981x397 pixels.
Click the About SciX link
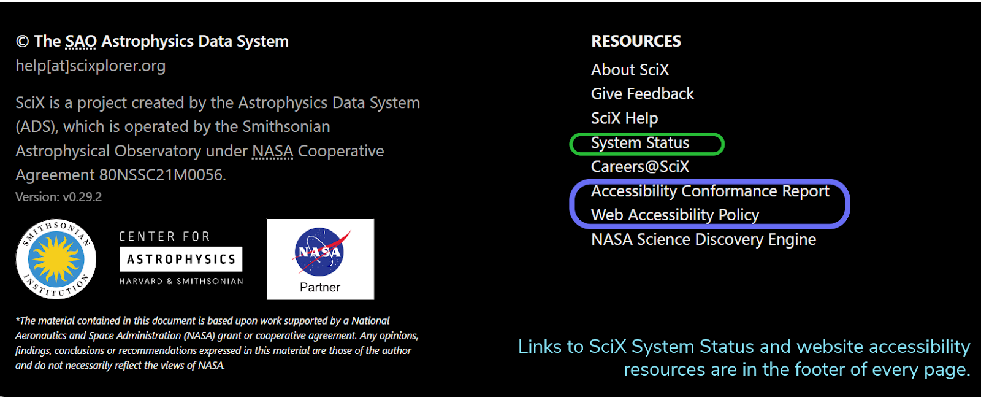(x=630, y=70)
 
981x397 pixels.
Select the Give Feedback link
(x=642, y=94)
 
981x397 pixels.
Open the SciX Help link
(x=624, y=118)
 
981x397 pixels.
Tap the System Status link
(x=639, y=143)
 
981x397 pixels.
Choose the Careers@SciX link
(x=639, y=167)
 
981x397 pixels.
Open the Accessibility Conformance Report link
(x=709, y=191)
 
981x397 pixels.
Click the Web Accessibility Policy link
(x=674, y=215)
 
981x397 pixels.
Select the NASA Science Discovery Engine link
(x=703, y=239)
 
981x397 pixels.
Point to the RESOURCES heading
(x=636, y=41)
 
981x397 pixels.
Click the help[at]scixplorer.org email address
(x=90, y=66)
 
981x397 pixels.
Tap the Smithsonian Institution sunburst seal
(x=56, y=259)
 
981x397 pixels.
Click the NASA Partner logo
(x=320, y=259)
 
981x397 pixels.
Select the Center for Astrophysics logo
(x=181, y=259)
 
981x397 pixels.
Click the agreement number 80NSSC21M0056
(x=162, y=175)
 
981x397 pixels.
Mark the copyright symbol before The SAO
(x=22, y=42)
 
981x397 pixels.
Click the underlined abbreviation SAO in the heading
(x=81, y=41)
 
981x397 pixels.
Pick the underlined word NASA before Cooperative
(x=272, y=151)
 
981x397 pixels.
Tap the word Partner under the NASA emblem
(x=320, y=287)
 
